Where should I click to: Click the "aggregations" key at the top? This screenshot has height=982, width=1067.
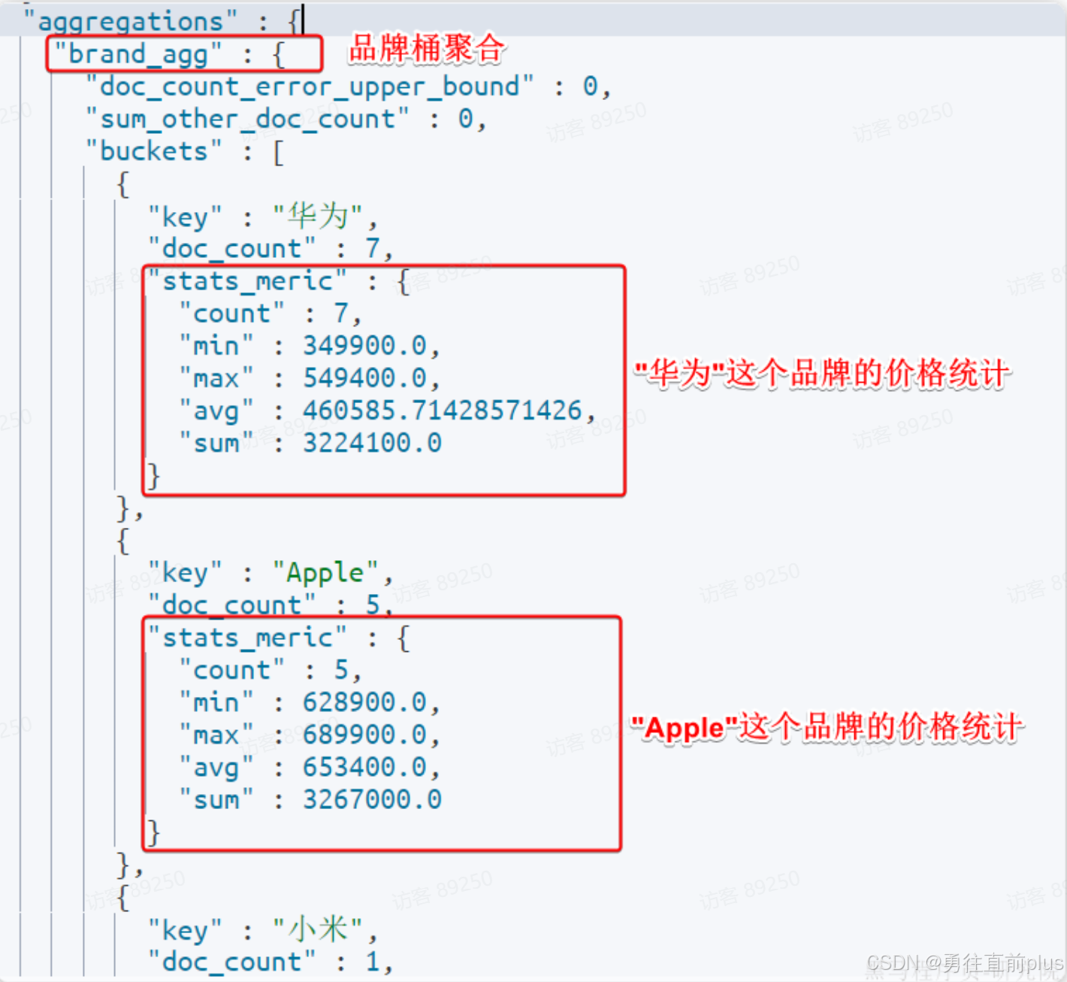[x=130, y=21]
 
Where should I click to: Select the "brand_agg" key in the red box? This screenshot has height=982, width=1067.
[x=138, y=54]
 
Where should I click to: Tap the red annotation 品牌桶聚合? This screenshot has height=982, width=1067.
[x=426, y=49]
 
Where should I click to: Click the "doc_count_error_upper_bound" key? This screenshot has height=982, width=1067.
[x=310, y=86]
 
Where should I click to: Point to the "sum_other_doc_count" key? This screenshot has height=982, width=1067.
[x=247, y=119]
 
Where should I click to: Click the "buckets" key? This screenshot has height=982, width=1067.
[x=154, y=151]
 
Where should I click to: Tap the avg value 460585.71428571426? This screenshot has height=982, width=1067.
[x=443, y=410]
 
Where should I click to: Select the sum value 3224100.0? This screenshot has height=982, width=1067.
[x=372, y=442]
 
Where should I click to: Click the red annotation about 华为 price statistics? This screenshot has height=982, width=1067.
[x=822, y=373]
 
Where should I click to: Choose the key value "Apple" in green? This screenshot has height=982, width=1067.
[x=325, y=573]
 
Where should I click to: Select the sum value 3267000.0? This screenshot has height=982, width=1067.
[x=372, y=799]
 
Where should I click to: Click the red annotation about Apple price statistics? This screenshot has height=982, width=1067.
[x=827, y=727]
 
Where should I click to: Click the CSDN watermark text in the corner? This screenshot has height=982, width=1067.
[x=964, y=963]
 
